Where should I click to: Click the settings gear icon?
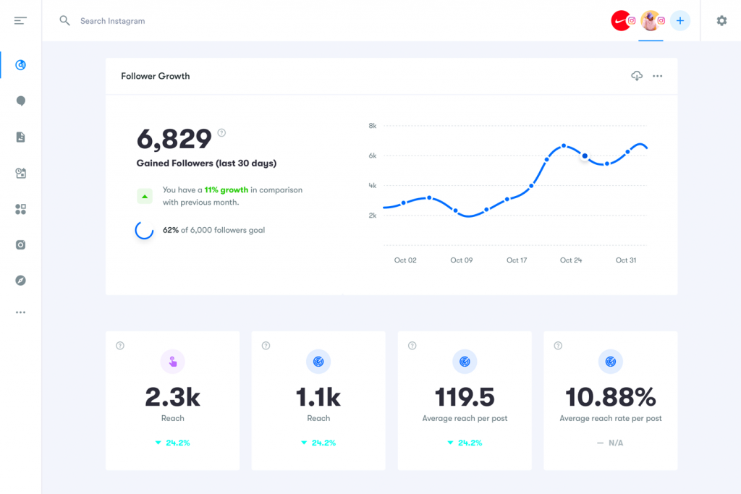click(721, 21)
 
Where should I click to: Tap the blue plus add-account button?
click(679, 21)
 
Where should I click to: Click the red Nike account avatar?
click(621, 21)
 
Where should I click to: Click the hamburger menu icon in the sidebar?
click(20, 21)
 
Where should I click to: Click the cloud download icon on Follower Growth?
click(637, 76)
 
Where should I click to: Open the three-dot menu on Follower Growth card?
click(657, 76)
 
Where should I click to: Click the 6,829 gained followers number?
click(174, 138)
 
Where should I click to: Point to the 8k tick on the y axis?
click(372, 126)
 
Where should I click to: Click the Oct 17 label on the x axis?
click(517, 260)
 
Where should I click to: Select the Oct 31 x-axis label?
click(626, 260)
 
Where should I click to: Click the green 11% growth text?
click(226, 189)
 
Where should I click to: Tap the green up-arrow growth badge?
click(145, 196)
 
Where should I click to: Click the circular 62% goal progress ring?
click(144, 230)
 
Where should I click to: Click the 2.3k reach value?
click(172, 396)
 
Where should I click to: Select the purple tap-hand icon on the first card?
click(172, 362)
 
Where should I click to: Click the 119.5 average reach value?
click(465, 396)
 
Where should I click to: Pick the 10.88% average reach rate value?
click(610, 396)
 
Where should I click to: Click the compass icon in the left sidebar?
click(20, 280)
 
